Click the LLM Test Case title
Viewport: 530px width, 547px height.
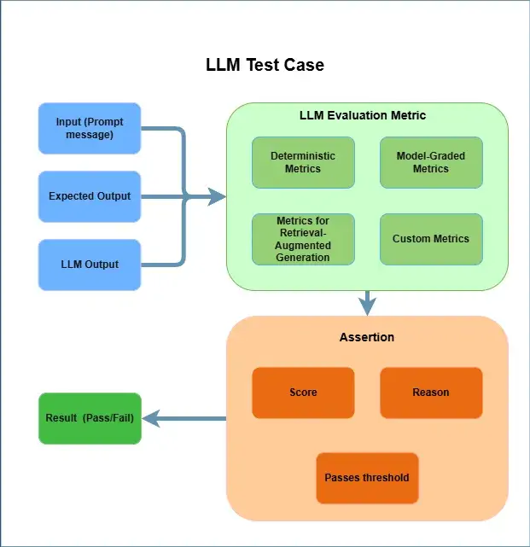265,65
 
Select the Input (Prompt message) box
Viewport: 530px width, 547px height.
90,129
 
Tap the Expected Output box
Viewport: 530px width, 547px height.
90,196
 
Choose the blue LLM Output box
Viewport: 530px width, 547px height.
90,265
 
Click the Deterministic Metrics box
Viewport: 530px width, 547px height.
303,162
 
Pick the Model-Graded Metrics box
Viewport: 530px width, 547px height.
431,162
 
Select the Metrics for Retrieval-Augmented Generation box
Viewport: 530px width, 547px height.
303,239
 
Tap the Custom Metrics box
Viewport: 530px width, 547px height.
431,239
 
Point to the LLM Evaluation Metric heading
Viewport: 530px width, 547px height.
363,115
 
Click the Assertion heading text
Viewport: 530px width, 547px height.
367,337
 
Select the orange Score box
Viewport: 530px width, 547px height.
303,393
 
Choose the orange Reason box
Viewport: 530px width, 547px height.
431,393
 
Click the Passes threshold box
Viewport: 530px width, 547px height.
367,478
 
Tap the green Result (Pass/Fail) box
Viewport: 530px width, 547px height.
90,418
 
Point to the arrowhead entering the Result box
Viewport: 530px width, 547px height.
149,418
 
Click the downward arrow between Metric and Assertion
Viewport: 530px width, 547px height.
368,303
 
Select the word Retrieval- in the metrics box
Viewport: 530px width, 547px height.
303,233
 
